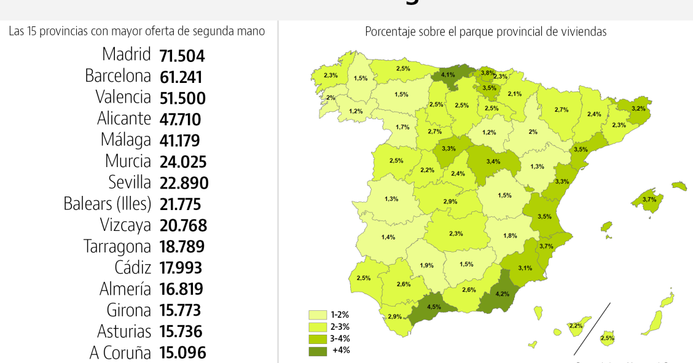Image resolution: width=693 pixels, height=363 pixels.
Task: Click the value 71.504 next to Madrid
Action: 182,56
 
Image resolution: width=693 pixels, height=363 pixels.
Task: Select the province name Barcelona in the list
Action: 118,76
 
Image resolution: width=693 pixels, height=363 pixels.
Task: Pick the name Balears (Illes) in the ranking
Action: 108,204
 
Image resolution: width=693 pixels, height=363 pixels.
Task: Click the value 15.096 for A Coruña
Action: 182,353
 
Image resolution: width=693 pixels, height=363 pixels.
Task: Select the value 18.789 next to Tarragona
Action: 182,247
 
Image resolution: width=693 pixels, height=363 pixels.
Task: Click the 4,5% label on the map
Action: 434,306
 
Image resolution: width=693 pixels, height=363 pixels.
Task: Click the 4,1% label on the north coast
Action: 448,75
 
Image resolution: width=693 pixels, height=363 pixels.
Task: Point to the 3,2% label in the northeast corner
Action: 638,108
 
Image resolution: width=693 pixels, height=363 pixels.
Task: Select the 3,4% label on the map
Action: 493,162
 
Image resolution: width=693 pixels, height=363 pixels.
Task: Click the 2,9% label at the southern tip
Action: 394,316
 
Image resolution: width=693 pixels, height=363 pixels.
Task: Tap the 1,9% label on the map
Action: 427,265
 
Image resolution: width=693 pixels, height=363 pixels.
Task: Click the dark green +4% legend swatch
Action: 318,351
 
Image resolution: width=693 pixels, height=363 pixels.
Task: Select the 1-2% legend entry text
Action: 340,314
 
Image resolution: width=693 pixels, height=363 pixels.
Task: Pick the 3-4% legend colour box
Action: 318,338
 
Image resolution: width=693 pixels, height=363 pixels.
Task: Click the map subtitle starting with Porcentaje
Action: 485,31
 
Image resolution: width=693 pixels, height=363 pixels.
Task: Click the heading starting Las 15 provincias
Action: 137,31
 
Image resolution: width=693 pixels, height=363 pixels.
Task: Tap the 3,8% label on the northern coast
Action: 488,73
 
